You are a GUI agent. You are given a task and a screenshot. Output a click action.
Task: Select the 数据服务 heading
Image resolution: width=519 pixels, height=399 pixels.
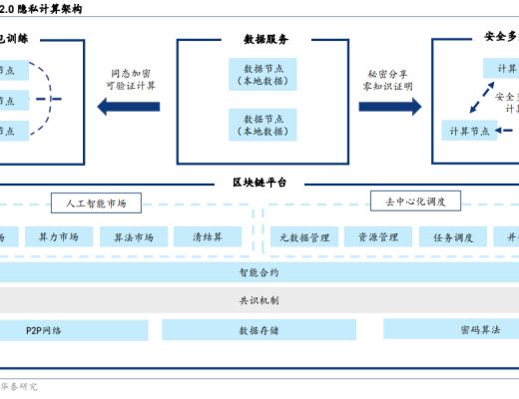(265, 39)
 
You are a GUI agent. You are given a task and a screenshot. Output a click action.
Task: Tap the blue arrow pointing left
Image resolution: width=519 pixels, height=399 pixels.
(129, 107)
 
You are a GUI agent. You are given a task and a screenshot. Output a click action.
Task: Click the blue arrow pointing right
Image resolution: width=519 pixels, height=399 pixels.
(389, 107)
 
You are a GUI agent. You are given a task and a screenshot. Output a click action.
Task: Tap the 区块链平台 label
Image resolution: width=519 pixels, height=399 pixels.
(259, 183)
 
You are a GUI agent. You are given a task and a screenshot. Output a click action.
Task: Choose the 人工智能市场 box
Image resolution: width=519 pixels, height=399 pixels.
(103, 202)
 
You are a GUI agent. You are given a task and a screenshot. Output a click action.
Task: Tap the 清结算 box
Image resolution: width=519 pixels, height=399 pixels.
(208, 236)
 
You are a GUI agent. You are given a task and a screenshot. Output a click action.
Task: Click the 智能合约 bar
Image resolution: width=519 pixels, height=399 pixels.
(259, 271)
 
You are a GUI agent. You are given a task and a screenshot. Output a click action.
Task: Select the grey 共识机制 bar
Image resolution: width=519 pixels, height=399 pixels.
(259, 298)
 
